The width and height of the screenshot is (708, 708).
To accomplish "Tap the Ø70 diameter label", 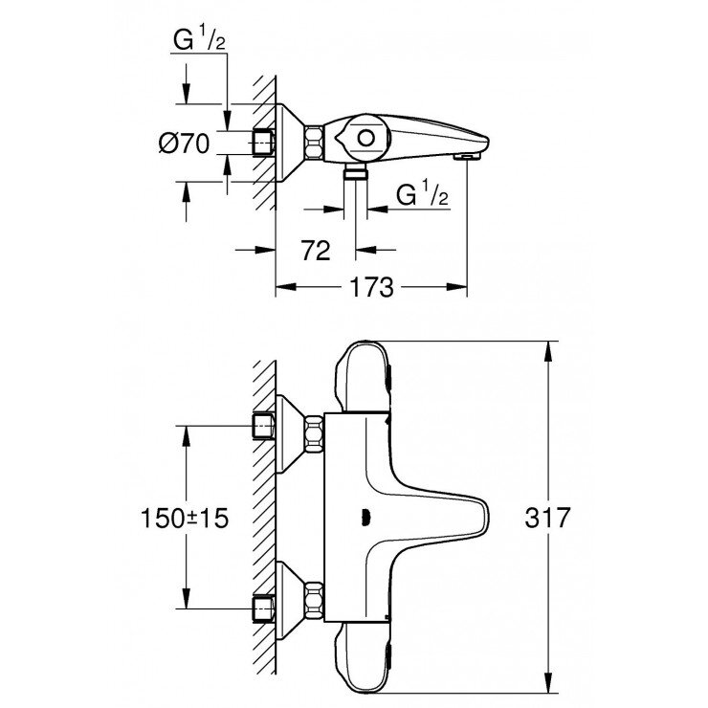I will tap(183, 144).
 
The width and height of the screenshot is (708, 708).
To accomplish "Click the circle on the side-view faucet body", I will tap(364, 140).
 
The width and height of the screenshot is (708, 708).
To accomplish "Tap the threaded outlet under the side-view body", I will tap(356, 171).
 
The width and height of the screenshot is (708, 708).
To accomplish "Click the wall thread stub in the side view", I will tap(263, 143).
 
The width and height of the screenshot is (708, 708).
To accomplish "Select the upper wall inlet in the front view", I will tap(263, 425).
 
